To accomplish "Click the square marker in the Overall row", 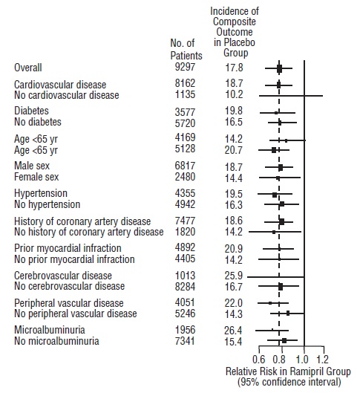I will [280, 68].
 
